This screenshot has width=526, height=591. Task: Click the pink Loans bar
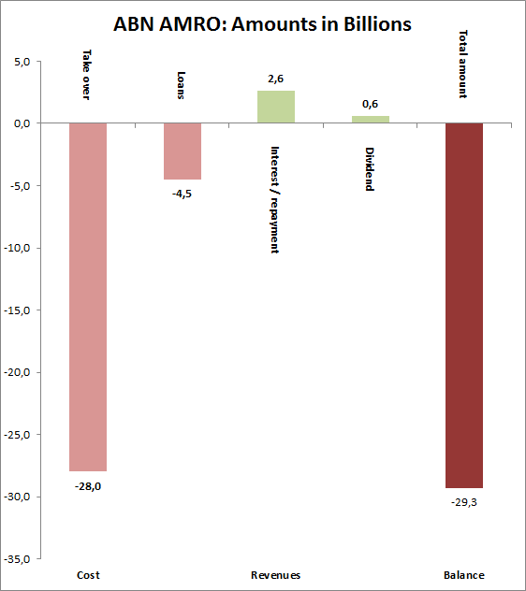[x=182, y=151]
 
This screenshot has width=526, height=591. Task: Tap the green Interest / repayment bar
[x=276, y=107]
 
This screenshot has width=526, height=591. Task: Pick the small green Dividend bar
[x=370, y=119]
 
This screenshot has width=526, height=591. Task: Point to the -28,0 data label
[x=88, y=484]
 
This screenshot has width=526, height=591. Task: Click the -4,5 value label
[x=182, y=194]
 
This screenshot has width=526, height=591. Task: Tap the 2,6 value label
[x=276, y=79]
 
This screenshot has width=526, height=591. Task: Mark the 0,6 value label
[x=370, y=105]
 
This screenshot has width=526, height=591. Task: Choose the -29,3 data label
[x=463, y=502]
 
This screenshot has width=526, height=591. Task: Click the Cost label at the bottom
[x=88, y=575]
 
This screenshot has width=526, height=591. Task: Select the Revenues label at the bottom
[x=276, y=575]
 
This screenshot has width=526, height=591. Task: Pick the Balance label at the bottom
[x=463, y=575]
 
